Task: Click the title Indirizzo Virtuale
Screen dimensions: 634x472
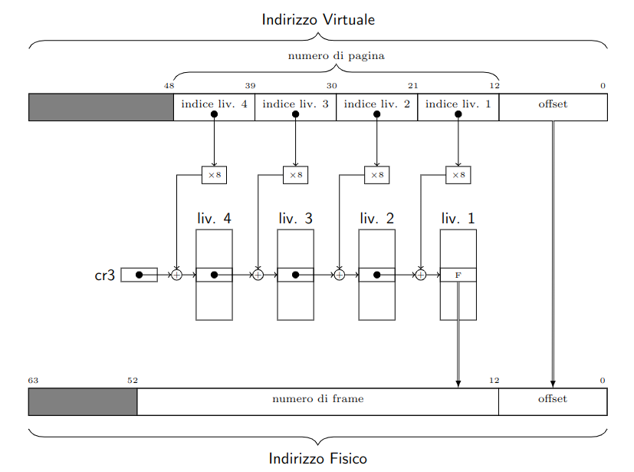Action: pyautogui.click(x=318, y=19)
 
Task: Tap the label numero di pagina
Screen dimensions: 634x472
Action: pyautogui.click(x=336, y=56)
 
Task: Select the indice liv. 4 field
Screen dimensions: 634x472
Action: pyautogui.click(x=215, y=107)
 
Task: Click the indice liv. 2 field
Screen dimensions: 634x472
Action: pyautogui.click(x=377, y=107)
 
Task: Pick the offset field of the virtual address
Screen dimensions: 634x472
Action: pyautogui.click(x=554, y=107)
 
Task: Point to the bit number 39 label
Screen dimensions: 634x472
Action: pyautogui.click(x=250, y=86)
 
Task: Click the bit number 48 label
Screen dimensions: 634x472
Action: pyautogui.click(x=169, y=86)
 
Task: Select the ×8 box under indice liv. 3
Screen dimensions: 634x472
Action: pyautogui.click(x=296, y=175)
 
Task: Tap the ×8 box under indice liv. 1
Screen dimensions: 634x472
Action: pyautogui.click(x=458, y=175)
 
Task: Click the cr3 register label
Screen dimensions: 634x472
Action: pyautogui.click(x=105, y=276)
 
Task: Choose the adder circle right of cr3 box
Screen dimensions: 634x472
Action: pyautogui.click(x=176, y=275)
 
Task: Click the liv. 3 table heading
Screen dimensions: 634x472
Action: pyautogui.click(x=296, y=219)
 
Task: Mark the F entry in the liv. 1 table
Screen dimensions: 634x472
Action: pyautogui.click(x=458, y=275)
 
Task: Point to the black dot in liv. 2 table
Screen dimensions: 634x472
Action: pyautogui.click(x=377, y=275)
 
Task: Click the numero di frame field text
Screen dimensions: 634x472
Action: pyautogui.click(x=318, y=399)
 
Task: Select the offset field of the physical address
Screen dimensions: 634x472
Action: pyautogui.click(x=553, y=401)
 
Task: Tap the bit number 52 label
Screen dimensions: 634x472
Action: pyautogui.click(x=133, y=381)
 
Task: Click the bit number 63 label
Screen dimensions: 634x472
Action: pyautogui.click(x=33, y=381)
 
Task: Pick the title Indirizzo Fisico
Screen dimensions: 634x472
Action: pyautogui.click(x=318, y=459)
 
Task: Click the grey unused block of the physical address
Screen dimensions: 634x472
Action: pyautogui.click(x=83, y=401)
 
